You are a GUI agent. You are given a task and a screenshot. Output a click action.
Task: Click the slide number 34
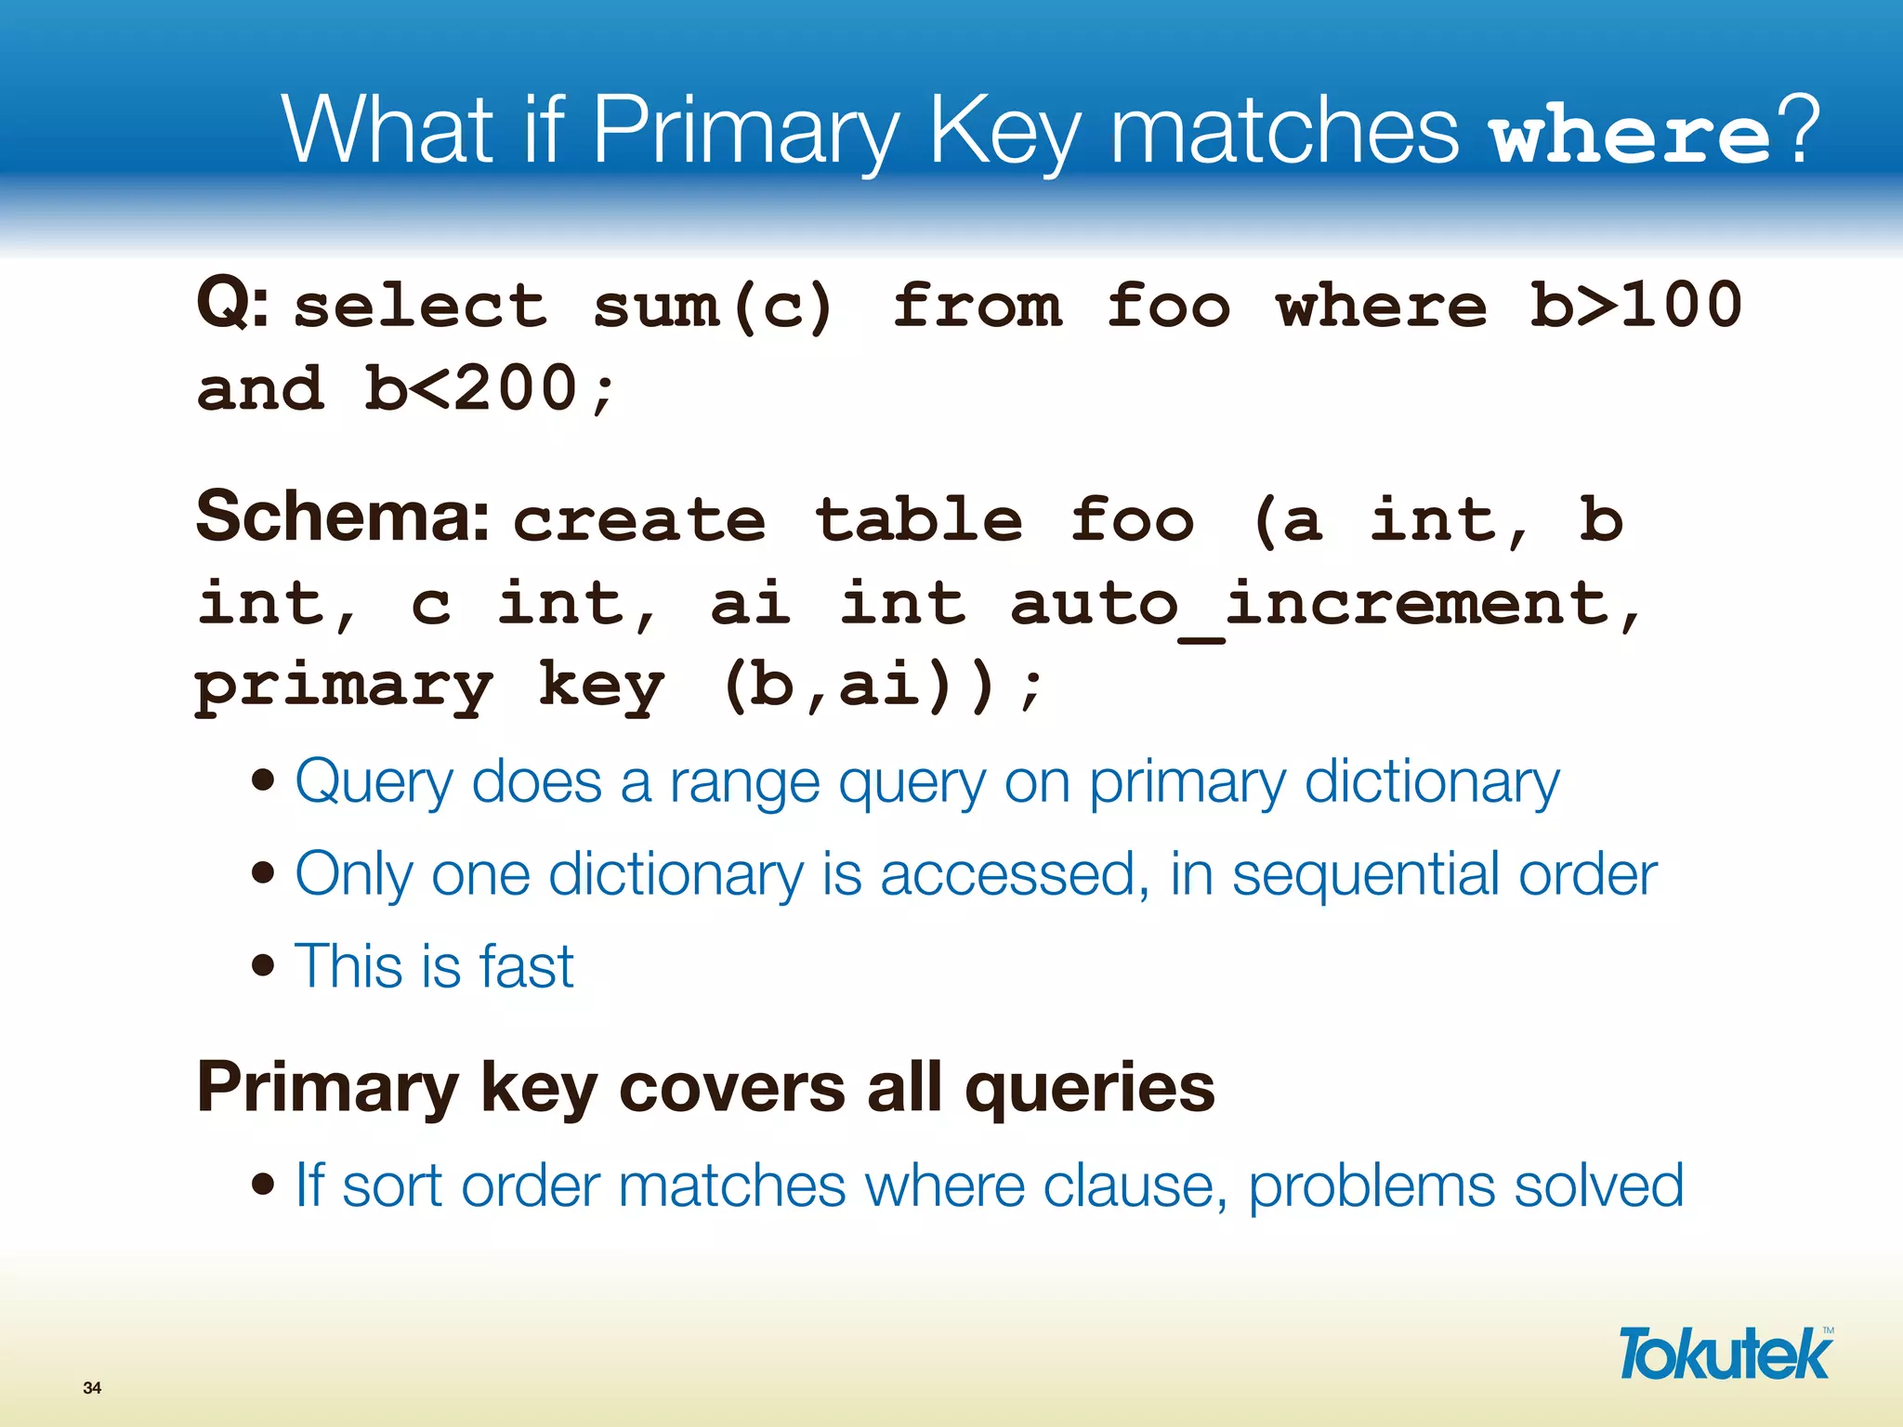[92, 1388]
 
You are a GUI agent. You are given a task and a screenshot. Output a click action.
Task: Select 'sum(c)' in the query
[713, 307]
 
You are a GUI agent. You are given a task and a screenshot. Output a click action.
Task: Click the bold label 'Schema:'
[343, 517]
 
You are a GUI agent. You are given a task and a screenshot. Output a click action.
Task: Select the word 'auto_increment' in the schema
[1310, 605]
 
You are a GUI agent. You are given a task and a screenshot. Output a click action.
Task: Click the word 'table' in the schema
[919, 519]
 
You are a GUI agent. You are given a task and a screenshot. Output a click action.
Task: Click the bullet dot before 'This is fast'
[264, 965]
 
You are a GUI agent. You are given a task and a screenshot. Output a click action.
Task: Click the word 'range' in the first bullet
[744, 782]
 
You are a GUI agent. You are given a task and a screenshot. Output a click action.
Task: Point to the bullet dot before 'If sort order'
[264, 1185]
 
